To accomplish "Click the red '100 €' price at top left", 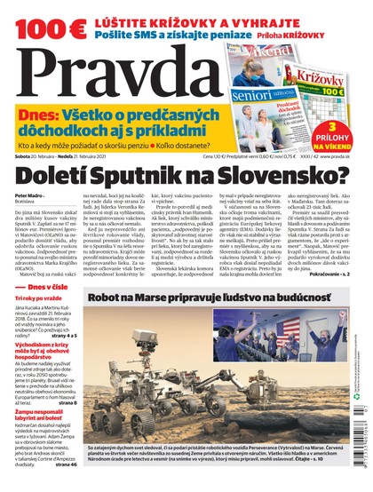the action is click(x=35, y=17).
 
